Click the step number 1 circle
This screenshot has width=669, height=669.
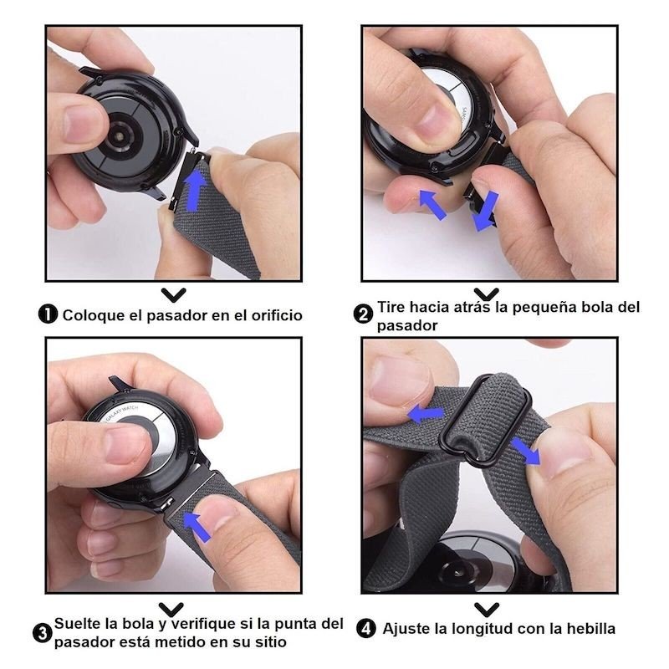pos(48,314)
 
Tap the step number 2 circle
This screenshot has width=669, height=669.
pos(363,315)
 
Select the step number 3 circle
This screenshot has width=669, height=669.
pos(43,634)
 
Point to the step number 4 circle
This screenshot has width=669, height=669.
pos(366,629)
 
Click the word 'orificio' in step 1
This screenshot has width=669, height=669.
pos(277,315)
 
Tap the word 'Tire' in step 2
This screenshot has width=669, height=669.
pos(391,307)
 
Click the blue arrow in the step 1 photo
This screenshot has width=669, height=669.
pos(196,189)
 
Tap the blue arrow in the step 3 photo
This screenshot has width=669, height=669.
pos(197,527)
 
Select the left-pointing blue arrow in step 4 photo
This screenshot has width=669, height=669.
pos(426,413)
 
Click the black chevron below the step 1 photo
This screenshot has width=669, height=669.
pos(174,294)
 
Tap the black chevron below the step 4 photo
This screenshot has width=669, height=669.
pos(487,610)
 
